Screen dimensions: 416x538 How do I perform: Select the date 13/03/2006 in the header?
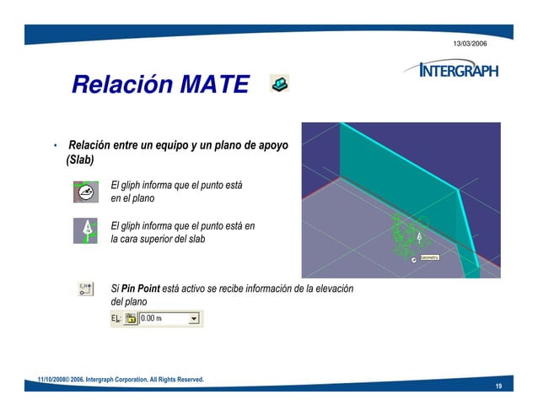click(x=470, y=42)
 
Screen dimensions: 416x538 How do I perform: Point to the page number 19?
click(x=498, y=386)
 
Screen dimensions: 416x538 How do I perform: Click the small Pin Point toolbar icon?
click(x=86, y=289)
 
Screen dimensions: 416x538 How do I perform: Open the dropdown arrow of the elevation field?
click(x=195, y=318)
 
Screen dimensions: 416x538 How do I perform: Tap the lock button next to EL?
click(x=131, y=318)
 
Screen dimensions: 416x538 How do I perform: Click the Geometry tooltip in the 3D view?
click(x=428, y=256)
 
